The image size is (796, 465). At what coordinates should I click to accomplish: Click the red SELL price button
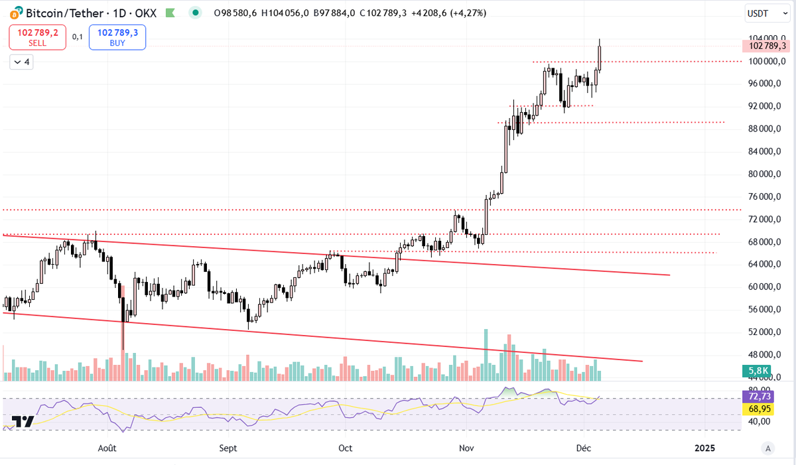pyautogui.click(x=38, y=37)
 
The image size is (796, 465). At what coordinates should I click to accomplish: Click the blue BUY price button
pyautogui.click(x=117, y=37)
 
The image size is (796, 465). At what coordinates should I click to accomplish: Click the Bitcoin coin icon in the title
pyautogui.click(x=13, y=13)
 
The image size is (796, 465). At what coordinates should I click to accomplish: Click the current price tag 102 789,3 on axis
pyautogui.click(x=766, y=46)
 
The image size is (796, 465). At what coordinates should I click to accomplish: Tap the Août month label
pyautogui.click(x=107, y=448)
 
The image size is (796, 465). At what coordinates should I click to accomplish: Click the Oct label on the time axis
pyautogui.click(x=345, y=448)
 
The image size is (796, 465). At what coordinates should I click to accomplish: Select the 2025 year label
pyautogui.click(x=704, y=448)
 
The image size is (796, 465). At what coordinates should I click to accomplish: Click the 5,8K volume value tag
pyautogui.click(x=758, y=371)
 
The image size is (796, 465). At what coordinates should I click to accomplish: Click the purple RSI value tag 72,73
pyautogui.click(x=758, y=396)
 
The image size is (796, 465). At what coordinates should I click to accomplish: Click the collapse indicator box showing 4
pyautogui.click(x=22, y=62)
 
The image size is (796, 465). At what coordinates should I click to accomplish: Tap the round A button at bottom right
pyautogui.click(x=767, y=448)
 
